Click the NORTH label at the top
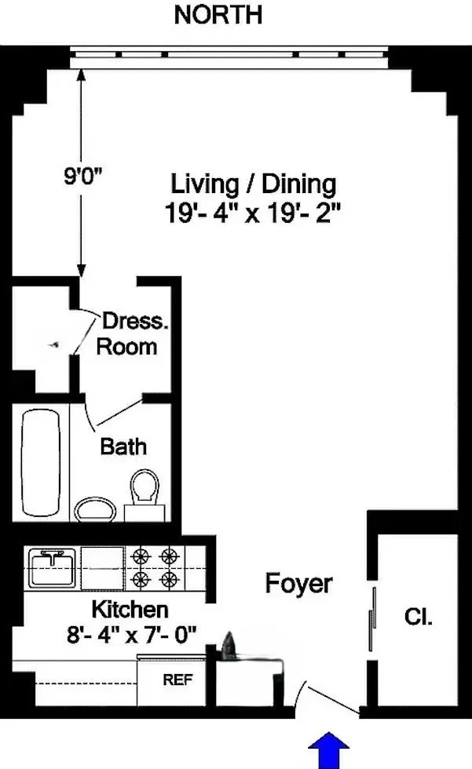pos(218,14)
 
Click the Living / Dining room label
pos(254,184)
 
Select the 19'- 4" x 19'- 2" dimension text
pos(254,213)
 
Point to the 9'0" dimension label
pos(84,175)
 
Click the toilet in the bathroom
pos(145,492)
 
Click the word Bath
pos(123,446)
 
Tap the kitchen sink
pos(52,567)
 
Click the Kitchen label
pos(130,609)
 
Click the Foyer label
pos(298,584)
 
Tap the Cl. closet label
pos(417,617)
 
